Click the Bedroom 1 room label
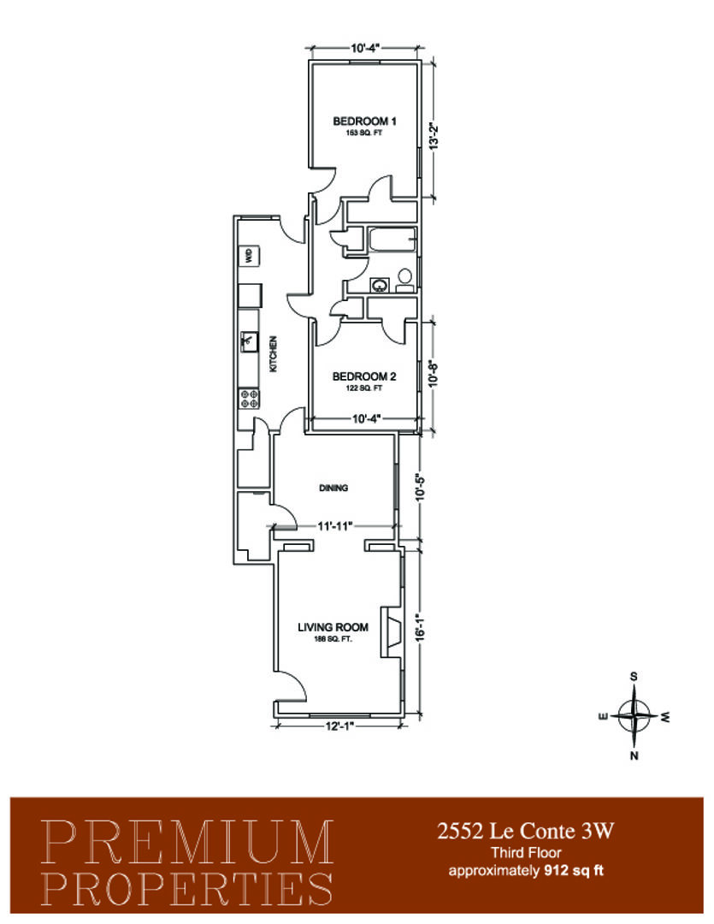point(364,121)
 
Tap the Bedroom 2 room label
point(364,376)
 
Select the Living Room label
point(333,627)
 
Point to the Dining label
point(333,488)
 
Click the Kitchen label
point(273,354)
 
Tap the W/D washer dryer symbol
point(249,257)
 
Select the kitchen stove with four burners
point(249,399)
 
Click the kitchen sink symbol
point(249,341)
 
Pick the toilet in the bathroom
point(404,281)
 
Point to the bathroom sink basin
point(380,286)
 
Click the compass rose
point(634,716)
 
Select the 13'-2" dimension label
point(435,137)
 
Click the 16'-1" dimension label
point(420,628)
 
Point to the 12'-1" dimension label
point(340,726)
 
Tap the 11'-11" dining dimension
point(334,526)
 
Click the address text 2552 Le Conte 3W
point(526,831)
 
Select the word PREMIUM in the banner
point(187,843)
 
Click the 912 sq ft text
point(574,870)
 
